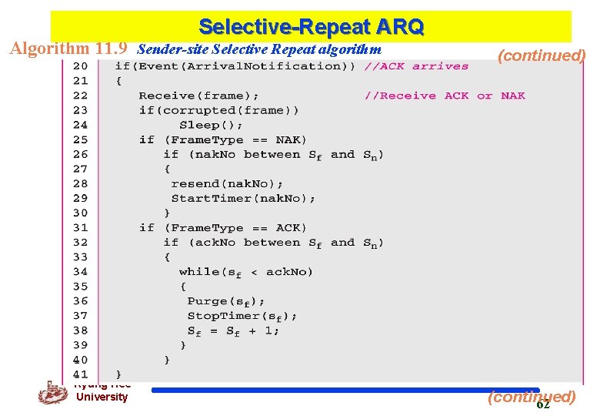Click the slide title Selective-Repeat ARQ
tap(311, 27)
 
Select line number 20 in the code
tap(81, 66)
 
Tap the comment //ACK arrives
tap(416, 66)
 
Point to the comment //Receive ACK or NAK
tap(445, 96)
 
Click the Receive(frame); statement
tap(198, 96)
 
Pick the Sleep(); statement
tap(211, 125)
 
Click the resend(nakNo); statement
tap(227, 183)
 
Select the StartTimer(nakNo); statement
tap(243, 198)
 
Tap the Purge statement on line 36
tap(226, 301)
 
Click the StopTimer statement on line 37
tap(242, 316)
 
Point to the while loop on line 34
tap(246, 271)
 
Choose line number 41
tap(81, 374)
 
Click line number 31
tap(81, 227)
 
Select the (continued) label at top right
tap(542, 55)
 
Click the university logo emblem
tap(52, 392)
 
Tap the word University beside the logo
tap(102, 397)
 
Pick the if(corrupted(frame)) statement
tap(219, 110)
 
